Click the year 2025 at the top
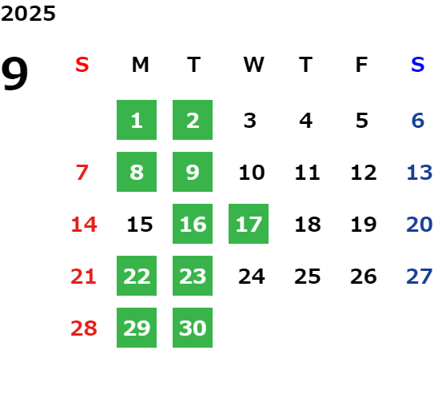(x=28, y=14)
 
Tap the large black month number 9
(x=14, y=73)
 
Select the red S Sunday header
(x=82, y=65)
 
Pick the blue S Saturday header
(x=418, y=65)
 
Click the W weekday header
(x=253, y=65)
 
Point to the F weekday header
(x=361, y=65)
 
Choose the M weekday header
(x=140, y=65)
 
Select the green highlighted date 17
(x=249, y=224)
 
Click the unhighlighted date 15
(x=140, y=224)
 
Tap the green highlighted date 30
(x=193, y=328)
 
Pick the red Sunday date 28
(x=84, y=328)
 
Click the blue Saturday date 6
(x=418, y=121)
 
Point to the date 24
(x=252, y=277)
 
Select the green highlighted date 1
(x=137, y=120)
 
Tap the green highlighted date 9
(x=193, y=172)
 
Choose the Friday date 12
(x=364, y=172)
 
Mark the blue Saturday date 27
(x=420, y=277)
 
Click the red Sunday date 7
(x=82, y=172)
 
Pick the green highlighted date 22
(x=137, y=276)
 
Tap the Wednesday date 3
(x=250, y=121)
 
